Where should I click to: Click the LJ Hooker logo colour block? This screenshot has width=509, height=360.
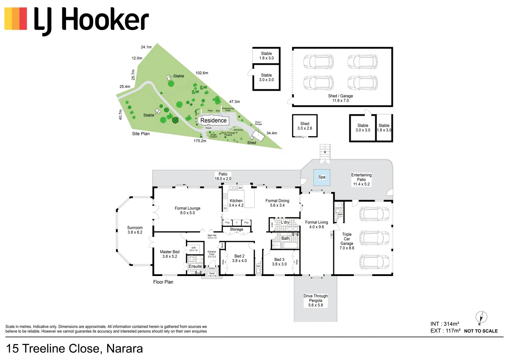pyautogui.click(x=16, y=19)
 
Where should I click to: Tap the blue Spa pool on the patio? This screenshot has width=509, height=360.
pyautogui.click(x=322, y=177)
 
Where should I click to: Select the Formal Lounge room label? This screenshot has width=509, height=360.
pyautogui.click(x=187, y=210)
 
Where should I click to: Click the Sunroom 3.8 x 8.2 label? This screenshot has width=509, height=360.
pyautogui.click(x=135, y=230)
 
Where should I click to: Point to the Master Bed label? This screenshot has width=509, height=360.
pyautogui.click(x=170, y=254)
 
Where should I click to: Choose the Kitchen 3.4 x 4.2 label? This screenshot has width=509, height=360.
pyautogui.click(x=236, y=203)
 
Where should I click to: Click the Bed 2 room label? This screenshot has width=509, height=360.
pyautogui.click(x=239, y=258)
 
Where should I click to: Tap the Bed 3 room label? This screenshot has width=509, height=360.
pyautogui.click(x=279, y=262)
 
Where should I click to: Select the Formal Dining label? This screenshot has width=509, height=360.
pyautogui.click(x=277, y=203)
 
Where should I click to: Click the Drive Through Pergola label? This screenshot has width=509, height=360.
pyautogui.click(x=315, y=300)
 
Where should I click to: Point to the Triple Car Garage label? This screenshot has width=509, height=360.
pyautogui.click(x=347, y=241)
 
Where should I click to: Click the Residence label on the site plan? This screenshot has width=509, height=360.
pyautogui.click(x=213, y=120)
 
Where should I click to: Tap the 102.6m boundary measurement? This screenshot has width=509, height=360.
pyautogui.click(x=202, y=73)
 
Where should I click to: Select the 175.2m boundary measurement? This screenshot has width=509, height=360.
pyautogui.click(x=200, y=141)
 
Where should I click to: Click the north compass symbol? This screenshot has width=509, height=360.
pyautogui.click(x=481, y=317)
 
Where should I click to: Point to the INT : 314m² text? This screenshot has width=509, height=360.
pyautogui.click(x=445, y=324)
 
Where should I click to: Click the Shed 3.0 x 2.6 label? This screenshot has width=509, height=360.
pyautogui.click(x=305, y=126)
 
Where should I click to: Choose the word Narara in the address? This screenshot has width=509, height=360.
pyautogui.click(x=124, y=349)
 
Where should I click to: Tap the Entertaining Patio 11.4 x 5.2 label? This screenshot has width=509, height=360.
pyautogui.click(x=361, y=179)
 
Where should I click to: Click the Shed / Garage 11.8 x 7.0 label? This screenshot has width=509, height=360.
pyautogui.click(x=340, y=98)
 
